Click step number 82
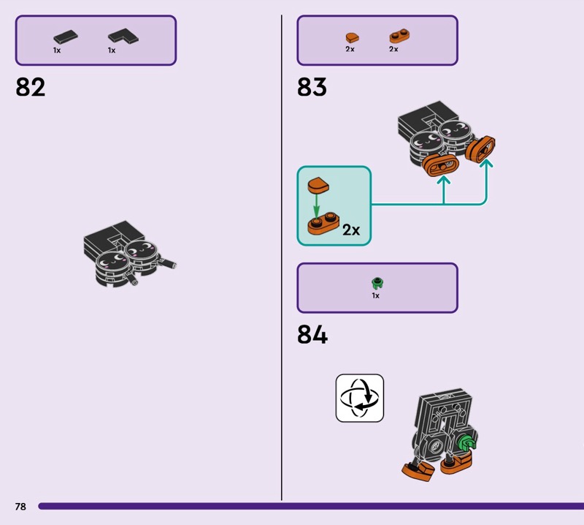(30, 87)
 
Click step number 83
(312, 87)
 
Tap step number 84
(312, 334)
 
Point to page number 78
(20, 506)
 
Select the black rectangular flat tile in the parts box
(66, 37)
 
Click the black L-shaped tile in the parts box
(123, 36)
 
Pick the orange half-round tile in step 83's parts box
(352, 38)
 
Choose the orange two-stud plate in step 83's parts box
(399, 36)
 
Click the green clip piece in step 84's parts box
(377, 283)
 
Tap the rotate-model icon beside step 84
(360, 398)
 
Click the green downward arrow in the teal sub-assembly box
(316, 205)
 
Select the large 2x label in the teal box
(351, 230)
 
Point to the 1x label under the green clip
(375, 295)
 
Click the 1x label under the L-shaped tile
(112, 50)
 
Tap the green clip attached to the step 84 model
(466, 443)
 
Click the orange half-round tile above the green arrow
(318, 185)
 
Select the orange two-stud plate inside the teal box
(323, 224)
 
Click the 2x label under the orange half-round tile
(350, 49)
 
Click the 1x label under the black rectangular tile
(57, 50)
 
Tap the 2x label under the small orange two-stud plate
(393, 49)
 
